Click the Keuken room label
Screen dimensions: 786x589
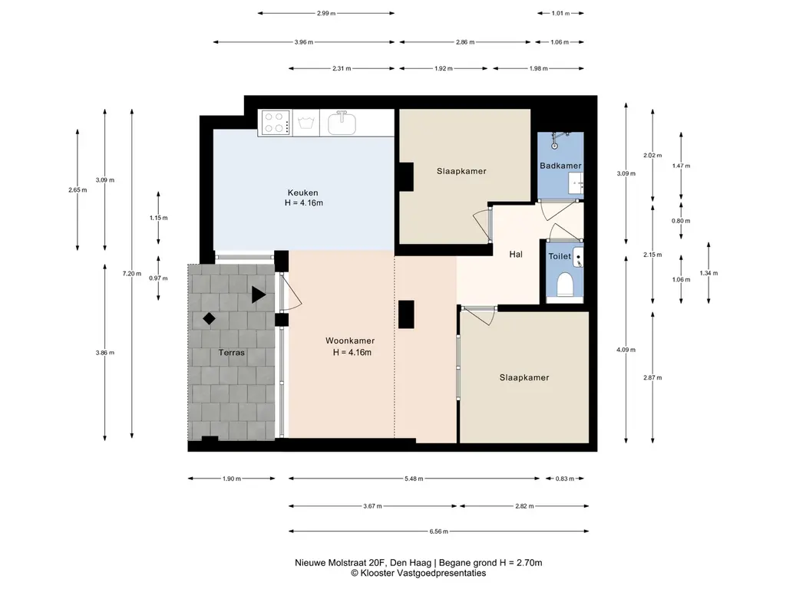click(x=302, y=192)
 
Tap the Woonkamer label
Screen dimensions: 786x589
click(x=350, y=341)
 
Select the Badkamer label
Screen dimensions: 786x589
click(x=560, y=166)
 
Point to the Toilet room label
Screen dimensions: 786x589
click(x=560, y=256)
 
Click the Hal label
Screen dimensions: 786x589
click(x=516, y=255)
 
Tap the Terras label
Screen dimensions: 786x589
click(x=232, y=353)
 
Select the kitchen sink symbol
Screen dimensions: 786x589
click(x=342, y=123)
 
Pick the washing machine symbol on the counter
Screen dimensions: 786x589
click(x=305, y=122)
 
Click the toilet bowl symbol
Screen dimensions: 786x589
click(x=566, y=284)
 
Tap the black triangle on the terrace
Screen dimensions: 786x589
click(x=258, y=294)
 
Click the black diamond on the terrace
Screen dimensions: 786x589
click(x=209, y=318)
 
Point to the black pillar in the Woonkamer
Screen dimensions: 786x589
click(x=406, y=314)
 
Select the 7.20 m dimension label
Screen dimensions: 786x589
click(x=132, y=274)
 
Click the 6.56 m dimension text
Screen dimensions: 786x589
click(x=438, y=531)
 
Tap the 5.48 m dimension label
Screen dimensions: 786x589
click(x=414, y=479)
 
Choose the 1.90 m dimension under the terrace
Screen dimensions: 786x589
click(x=232, y=479)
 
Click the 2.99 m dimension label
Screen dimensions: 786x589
click(x=325, y=14)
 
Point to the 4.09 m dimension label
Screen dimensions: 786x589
click(x=626, y=350)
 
